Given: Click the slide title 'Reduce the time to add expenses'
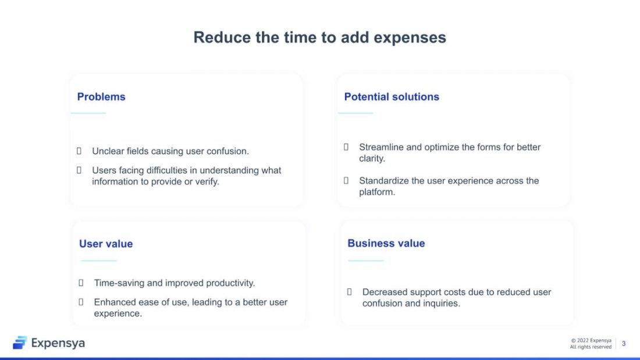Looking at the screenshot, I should tap(319, 37).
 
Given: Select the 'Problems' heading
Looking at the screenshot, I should tap(101, 97).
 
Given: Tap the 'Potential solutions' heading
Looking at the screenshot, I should tap(392, 97).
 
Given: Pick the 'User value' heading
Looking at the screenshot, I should tap(106, 244).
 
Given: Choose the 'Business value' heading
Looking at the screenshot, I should tap(386, 243).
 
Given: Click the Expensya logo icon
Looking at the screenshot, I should tap(20, 343).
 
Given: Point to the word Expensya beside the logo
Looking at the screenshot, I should tap(58, 343).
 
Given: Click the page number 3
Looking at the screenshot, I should tap(624, 344).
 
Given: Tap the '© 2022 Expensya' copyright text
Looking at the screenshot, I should tap(591, 340).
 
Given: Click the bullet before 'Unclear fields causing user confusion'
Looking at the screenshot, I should tap(79, 151).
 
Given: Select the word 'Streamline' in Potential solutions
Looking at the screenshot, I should tap(381, 147).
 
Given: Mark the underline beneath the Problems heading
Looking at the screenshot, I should tap(88, 113).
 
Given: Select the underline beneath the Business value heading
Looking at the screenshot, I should tap(366, 261).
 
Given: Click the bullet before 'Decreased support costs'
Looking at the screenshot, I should tap(350, 292).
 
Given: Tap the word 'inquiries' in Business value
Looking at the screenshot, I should tap(440, 303).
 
